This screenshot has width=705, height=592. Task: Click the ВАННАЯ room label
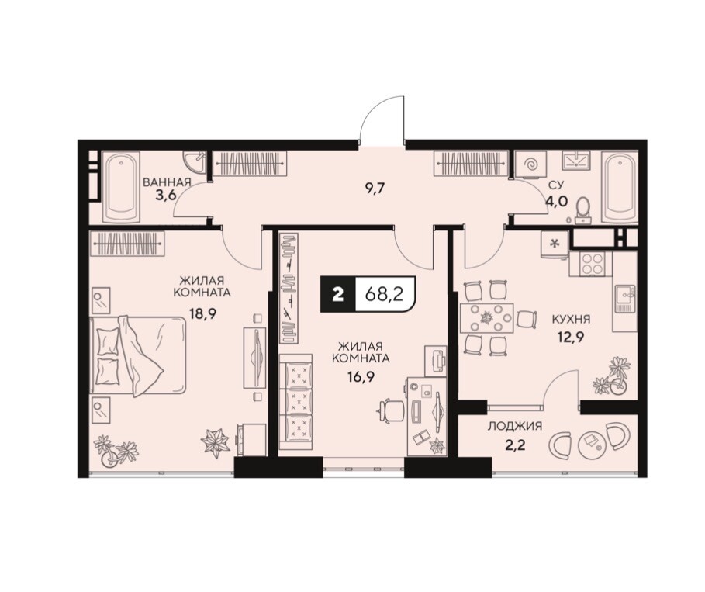point(167,182)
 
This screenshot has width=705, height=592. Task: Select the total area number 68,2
point(384,294)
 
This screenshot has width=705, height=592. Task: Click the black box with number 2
point(338,294)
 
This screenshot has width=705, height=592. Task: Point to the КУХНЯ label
point(571,320)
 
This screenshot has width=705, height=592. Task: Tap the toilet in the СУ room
point(583,209)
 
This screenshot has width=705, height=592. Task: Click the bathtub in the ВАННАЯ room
point(121,187)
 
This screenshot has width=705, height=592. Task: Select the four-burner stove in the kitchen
point(591,264)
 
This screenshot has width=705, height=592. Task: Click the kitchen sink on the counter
point(626,298)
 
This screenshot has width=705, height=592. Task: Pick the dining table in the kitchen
point(486,318)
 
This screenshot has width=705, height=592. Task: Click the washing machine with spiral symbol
point(530,165)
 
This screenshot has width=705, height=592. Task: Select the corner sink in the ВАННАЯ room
point(196,162)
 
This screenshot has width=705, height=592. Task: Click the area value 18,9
point(202,313)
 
